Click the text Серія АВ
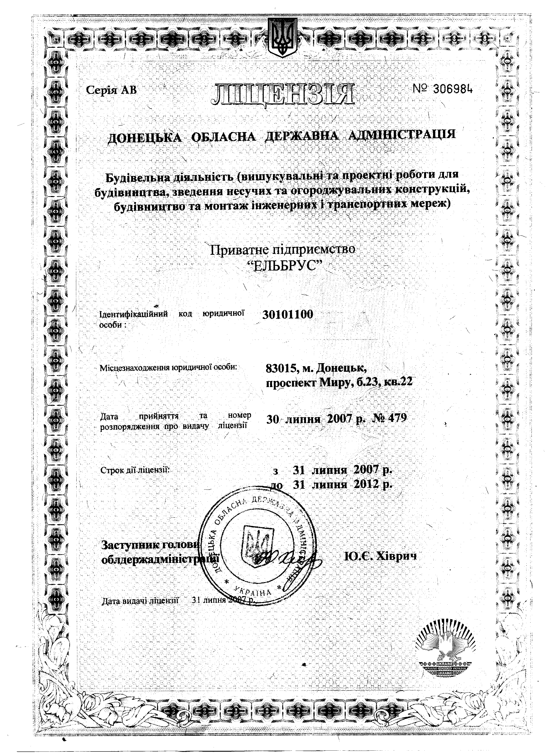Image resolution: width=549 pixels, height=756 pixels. point(111,90)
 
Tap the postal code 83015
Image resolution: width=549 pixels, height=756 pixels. point(279,368)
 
